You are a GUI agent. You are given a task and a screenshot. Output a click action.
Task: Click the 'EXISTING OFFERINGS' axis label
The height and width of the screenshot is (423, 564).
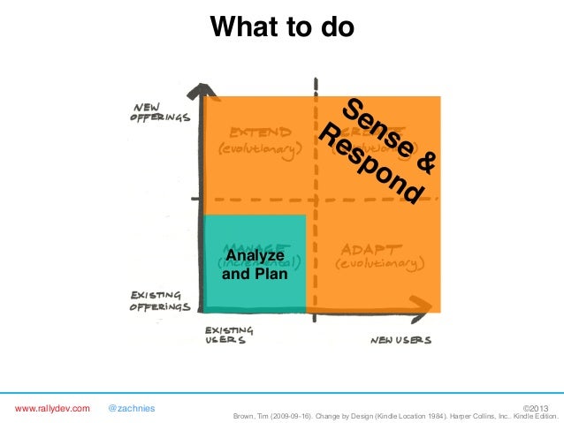point(160,301)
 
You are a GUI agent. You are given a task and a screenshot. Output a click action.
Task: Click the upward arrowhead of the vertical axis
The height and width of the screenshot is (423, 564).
point(203,91)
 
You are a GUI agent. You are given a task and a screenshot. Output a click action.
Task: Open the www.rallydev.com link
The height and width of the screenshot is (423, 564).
point(52,408)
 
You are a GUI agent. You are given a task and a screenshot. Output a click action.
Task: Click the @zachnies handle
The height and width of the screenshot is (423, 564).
point(131,408)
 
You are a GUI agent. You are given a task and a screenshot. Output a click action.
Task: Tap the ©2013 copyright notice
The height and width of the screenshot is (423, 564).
point(541,408)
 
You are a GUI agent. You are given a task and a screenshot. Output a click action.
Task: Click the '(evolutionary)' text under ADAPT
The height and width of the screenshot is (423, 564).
point(379,263)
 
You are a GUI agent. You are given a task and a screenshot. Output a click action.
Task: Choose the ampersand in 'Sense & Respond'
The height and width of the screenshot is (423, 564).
point(425,162)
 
